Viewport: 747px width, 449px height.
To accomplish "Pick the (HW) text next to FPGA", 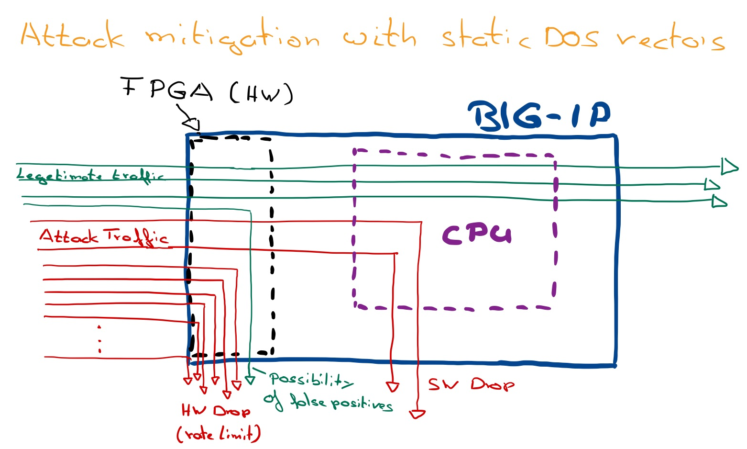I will coord(261,93).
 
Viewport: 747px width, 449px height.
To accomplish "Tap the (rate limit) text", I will coord(219,434).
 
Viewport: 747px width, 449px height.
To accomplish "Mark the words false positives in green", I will coord(341,403).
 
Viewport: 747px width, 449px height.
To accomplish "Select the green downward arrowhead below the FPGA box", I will coord(250,380).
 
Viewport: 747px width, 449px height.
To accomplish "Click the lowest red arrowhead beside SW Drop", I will coord(417,414).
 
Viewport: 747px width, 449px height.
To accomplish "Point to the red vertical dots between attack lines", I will coord(99,339).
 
